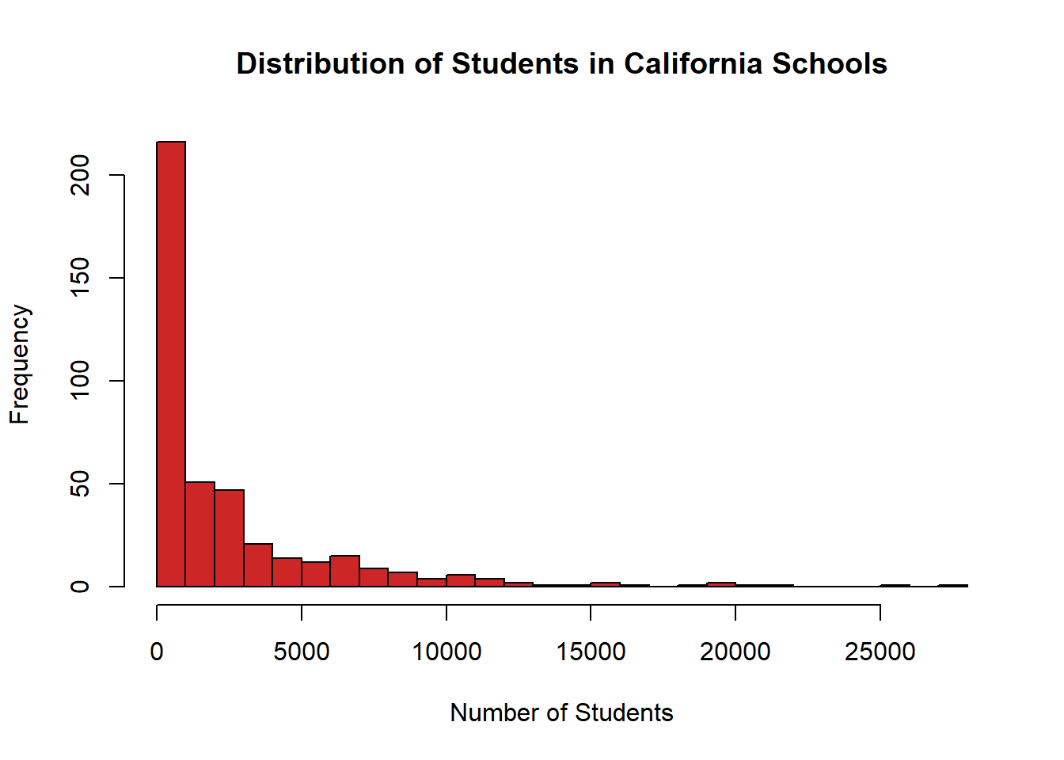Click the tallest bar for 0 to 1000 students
coord(171,364)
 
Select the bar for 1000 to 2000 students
coord(200,534)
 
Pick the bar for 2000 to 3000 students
coord(230,538)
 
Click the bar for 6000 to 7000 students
coord(345,572)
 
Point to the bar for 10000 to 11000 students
coord(461,580)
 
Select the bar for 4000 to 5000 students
coord(287,572)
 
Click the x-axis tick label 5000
coord(302,652)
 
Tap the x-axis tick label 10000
coord(446,652)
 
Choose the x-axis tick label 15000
coord(591,652)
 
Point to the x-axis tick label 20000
coord(735,652)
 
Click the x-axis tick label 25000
coord(880,652)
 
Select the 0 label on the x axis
coord(157,652)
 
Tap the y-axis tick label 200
coord(81,175)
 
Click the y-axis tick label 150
coord(81,278)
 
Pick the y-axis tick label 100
coord(81,381)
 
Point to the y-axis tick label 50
coord(81,484)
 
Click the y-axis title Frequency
coord(20,364)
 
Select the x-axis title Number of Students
coord(561,712)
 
